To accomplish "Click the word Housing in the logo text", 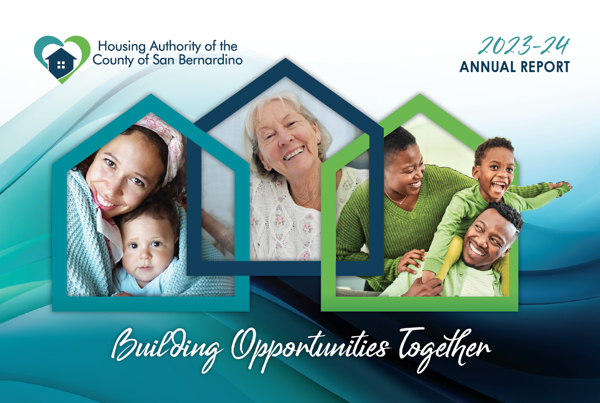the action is (122, 46).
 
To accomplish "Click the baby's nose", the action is (145, 255).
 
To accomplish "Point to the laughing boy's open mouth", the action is (498, 187).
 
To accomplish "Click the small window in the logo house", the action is (62, 65).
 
